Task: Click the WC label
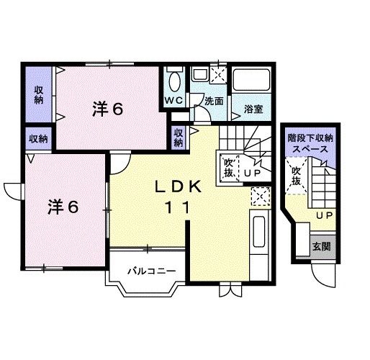click(x=175, y=100)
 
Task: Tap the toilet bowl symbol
click(x=175, y=79)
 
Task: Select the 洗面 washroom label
click(x=213, y=102)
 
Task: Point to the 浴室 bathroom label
click(x=252, y=109)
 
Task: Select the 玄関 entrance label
click(x=321, y=246)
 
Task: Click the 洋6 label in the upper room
click(x=108, y=109)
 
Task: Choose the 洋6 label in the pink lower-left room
click(x=63, y=205)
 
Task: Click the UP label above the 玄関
click(x=325, y=215)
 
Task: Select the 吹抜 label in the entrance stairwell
click(x=296, y=176)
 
